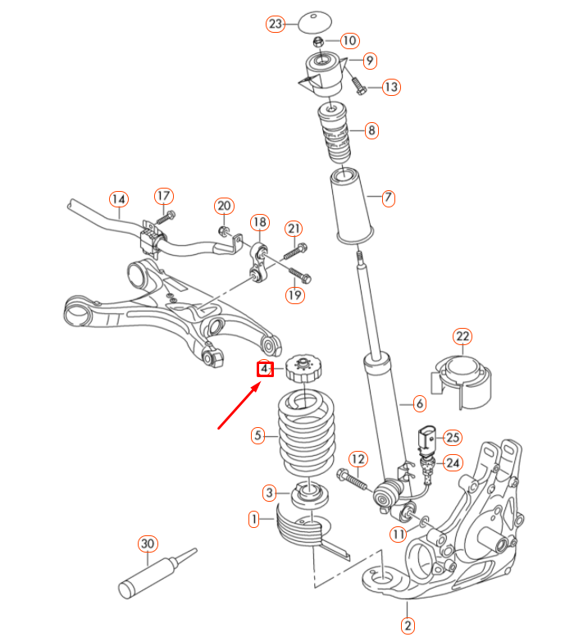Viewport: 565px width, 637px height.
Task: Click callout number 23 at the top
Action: (x=275, y=24)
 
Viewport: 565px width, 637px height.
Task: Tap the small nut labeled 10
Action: (x=320, y=40)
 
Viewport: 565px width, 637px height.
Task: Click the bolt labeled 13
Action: (x=358, y=83)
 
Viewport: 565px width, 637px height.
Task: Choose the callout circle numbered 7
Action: (x=389, y=198)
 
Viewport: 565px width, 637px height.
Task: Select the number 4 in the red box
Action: (x=264, y=370)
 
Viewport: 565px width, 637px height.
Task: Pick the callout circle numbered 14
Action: (x=119, y=198)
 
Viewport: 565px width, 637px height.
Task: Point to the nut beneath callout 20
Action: (x=224, y=230)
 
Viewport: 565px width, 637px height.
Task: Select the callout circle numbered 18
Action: (x=259, y=222)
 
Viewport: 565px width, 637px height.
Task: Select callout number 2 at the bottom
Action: (x=408, y=625)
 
